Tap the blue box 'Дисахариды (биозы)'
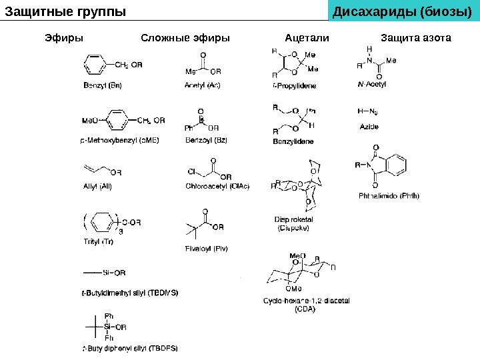[405, 11]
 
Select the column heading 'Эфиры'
[64, 38]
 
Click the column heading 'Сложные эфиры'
[185, 38]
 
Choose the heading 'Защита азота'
[415, 38]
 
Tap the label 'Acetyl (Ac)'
[203, 85]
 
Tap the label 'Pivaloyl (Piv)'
[206, 249]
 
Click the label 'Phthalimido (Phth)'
[389, 196]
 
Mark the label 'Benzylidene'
[293, 141]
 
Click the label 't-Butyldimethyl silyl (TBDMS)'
[130, 292]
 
